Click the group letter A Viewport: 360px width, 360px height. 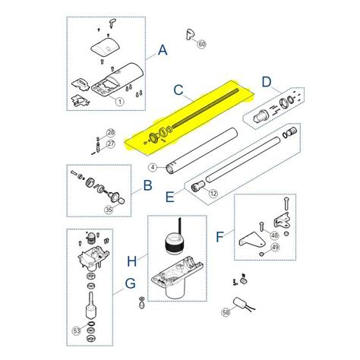coord(163,50)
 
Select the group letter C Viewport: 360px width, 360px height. coord(178,90)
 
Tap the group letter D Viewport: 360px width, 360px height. coord(267,82)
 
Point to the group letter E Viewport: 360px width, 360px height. coord(170,197)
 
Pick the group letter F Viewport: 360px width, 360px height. coord(219,237)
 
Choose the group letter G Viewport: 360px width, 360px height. coord(131,283)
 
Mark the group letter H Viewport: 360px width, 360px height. coord(131,261)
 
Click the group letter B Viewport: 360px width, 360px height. coord(147,185)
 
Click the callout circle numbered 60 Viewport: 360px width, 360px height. coord(202,44)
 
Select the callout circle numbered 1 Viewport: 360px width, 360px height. coord(120,102)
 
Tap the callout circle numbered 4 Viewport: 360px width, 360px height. coord(153,167)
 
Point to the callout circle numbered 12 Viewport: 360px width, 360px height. coord(213,194)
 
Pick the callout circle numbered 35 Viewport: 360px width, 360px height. coord(109,210)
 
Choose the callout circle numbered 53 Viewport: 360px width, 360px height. coord(77,330)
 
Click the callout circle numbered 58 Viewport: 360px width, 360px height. coord(226,312)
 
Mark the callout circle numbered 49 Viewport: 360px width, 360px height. coord(276,247)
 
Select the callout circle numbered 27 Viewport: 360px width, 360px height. coord(111,144)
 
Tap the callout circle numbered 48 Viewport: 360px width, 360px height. coord(274,235)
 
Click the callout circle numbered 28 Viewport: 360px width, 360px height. coord(110,133)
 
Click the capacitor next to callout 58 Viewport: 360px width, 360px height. coord(240,302)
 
